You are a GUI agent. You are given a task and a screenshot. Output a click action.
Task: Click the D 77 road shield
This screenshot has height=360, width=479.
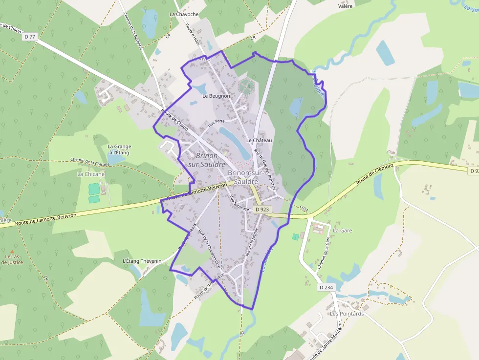pos(30,37)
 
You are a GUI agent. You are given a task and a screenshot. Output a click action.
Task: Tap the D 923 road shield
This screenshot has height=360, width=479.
pos(262,210)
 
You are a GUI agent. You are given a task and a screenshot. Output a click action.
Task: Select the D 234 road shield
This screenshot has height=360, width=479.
pos(327,287)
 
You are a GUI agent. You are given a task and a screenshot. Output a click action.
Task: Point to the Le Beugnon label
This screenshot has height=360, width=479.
pos(216,96)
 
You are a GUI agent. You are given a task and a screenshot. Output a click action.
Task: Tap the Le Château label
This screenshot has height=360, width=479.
pos(259,140)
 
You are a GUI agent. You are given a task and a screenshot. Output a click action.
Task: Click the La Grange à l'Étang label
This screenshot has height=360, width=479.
pos(119,149)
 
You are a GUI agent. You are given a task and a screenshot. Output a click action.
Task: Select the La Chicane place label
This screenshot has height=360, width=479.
pos(91,174)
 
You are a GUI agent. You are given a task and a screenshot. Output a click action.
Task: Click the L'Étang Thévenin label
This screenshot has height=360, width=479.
pos(142,261)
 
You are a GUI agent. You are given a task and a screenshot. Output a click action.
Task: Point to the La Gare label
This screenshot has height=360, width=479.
pos(343,230)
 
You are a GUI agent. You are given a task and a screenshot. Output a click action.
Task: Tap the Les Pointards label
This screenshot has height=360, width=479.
pos(347,314)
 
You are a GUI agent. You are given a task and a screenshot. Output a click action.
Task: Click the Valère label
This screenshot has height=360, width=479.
pos(346,6)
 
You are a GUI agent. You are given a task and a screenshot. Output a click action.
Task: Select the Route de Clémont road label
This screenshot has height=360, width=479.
pos(375,173)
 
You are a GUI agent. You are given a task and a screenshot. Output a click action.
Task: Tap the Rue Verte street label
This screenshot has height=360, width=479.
pos(216,122)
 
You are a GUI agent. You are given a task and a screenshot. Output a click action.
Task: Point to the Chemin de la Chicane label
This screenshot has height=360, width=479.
pos(90,162)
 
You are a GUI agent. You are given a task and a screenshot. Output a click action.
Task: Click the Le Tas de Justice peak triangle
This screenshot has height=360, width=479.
pos(12,251)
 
